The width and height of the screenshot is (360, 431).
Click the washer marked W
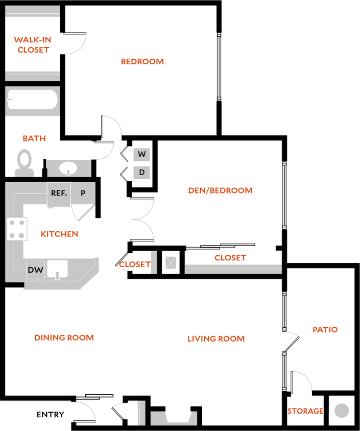pos(141,154)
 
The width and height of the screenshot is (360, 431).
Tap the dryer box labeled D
pos(141,173)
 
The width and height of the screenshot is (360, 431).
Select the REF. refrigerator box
pos(59,194)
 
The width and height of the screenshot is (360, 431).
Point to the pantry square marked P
pos(83,194)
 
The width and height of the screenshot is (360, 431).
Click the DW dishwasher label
pos(35,270)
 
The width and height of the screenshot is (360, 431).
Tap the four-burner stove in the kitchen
pos(17,229)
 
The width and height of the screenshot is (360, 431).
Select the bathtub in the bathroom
pos(32,99)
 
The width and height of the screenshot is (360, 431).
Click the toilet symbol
pos(24,162)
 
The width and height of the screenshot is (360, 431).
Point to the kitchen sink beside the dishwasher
pos(58,269)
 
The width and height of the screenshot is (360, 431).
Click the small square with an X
pos(171,262)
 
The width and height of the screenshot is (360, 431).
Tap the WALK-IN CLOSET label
pos(33,45)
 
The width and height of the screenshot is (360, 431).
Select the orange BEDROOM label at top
pos(142,61)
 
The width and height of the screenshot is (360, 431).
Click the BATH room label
pos(35,138)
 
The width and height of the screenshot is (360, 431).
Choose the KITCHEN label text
pos(60,234)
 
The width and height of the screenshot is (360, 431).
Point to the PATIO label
pos(325,330)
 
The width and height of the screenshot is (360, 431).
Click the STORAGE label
pos(305,411)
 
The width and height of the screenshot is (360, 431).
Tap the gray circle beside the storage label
pos(342,411)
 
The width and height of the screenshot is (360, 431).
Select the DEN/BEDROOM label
pos(221,191)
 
